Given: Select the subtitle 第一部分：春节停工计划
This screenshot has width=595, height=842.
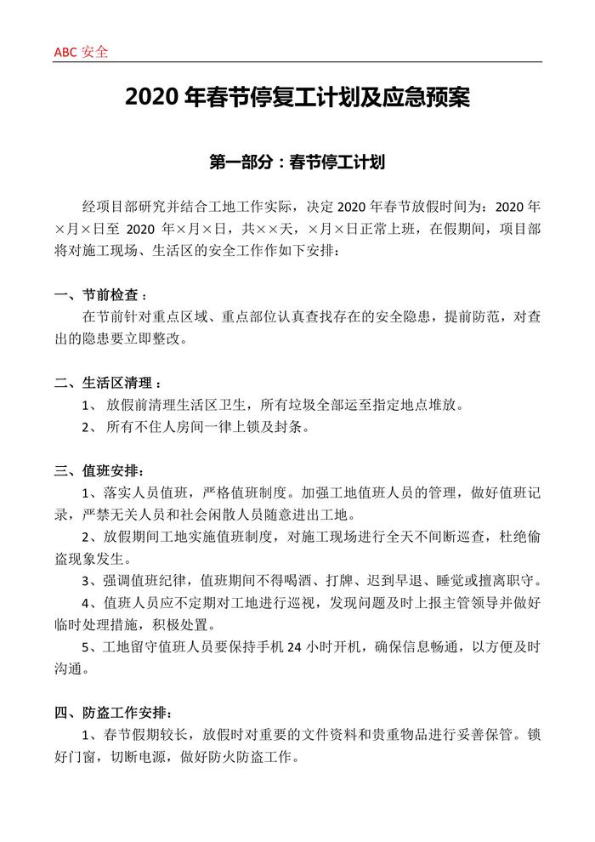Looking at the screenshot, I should [x=297, y=160].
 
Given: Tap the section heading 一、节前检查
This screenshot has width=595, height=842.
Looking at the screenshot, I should [x=99, y=295].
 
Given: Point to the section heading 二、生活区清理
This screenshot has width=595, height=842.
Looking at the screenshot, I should [x=106, y=383].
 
